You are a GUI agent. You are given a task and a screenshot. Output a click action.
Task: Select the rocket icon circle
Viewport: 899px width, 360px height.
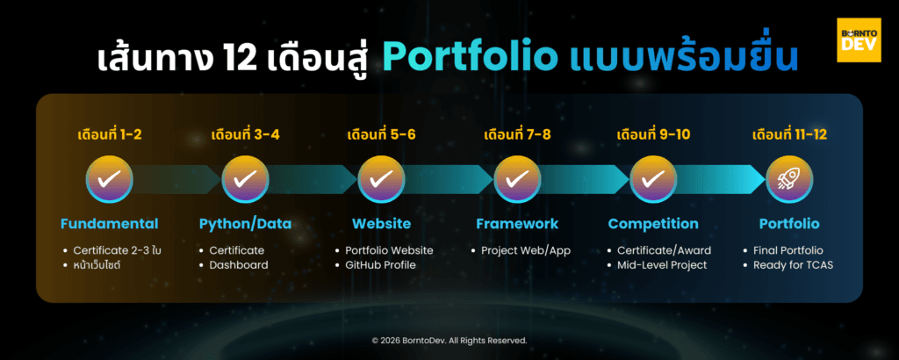788,179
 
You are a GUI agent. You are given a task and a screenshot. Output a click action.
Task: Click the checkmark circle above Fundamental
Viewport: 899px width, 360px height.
109,179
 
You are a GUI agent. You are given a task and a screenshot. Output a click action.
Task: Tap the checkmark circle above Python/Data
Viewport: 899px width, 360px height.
245,179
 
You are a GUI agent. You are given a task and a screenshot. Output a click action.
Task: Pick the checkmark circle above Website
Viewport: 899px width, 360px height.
381,179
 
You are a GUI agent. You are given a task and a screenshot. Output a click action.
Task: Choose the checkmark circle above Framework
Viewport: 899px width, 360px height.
517,179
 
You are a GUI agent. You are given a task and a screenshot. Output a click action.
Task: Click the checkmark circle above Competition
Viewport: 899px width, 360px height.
652,179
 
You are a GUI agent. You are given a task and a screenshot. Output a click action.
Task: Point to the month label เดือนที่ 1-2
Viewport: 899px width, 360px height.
109,136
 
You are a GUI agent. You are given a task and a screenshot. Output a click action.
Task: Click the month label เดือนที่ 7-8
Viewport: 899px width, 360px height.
517,136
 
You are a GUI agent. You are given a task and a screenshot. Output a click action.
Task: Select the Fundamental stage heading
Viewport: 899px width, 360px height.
109,223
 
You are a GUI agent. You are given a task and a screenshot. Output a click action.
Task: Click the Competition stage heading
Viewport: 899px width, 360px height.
653,223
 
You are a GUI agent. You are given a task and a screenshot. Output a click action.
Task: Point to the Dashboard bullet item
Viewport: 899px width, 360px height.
238,264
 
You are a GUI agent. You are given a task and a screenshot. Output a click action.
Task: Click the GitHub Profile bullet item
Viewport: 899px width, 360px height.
379,264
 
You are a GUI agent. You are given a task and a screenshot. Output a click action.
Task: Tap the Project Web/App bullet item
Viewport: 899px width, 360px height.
525,250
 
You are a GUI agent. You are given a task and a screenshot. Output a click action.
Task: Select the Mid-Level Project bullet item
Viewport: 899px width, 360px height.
662,264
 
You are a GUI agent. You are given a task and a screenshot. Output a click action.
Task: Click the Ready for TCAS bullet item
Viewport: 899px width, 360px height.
792,264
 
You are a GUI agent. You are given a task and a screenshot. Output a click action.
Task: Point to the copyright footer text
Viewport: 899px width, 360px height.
449,340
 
